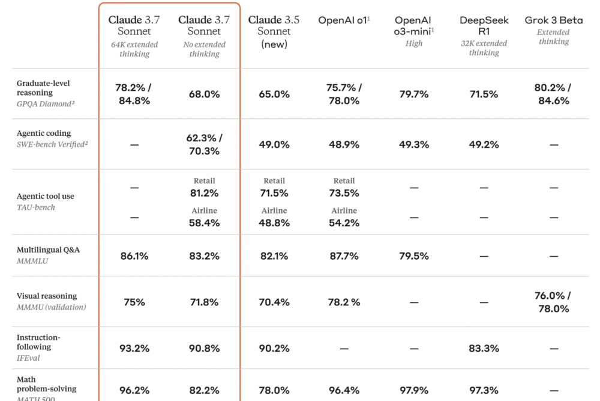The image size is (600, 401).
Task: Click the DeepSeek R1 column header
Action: pos(484,26)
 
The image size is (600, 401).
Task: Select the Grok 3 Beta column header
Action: pos(553,20)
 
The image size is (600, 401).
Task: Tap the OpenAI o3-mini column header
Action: pos(413,26)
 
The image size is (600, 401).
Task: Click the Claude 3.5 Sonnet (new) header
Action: pos(274,31)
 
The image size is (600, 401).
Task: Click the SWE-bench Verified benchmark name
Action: pos(52,144)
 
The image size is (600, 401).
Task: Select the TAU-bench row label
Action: pos(35,207)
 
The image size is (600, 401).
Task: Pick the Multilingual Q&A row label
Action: pos(48,250)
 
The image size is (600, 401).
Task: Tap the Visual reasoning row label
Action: pos(47,296)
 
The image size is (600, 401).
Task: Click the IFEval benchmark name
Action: pos(29,358)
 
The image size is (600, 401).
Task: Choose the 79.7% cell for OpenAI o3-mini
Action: pos(413,94)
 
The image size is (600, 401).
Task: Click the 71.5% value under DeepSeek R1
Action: pos(484,94)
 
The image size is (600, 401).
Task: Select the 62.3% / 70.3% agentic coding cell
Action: pos(204,144)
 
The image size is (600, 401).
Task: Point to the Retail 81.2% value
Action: pos(204,193)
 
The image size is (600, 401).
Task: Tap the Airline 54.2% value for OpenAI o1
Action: pos(344,222)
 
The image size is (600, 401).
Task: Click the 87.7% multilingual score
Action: pos(344,256)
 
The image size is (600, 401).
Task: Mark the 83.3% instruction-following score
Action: pos(484,348)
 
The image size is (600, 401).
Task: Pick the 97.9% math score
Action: pos(413,391)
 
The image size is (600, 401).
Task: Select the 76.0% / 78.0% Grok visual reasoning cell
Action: pos(553,302)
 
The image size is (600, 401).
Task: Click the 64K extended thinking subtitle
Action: pos(134,49)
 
